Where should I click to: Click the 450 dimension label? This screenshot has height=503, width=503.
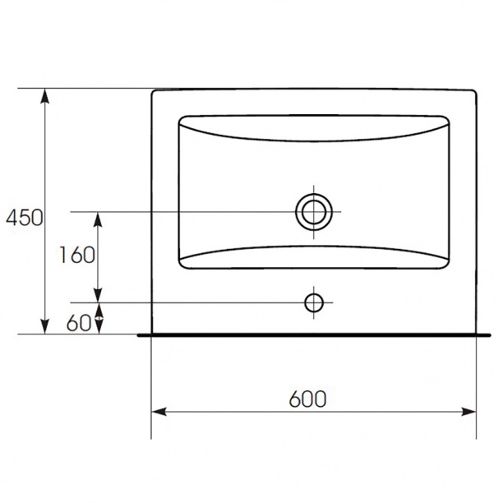25,217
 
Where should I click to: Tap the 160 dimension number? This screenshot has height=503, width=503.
77,255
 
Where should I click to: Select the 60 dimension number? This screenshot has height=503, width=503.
79,323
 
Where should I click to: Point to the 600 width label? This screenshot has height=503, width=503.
307,399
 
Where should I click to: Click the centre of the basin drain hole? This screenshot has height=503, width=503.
314,212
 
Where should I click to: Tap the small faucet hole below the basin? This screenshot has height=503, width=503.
314,302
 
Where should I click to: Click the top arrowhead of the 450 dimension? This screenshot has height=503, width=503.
45,95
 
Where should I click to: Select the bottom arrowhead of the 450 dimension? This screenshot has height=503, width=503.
45,326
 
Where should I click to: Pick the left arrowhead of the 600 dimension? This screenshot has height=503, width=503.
159,412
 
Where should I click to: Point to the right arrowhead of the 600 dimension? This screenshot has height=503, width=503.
468,412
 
